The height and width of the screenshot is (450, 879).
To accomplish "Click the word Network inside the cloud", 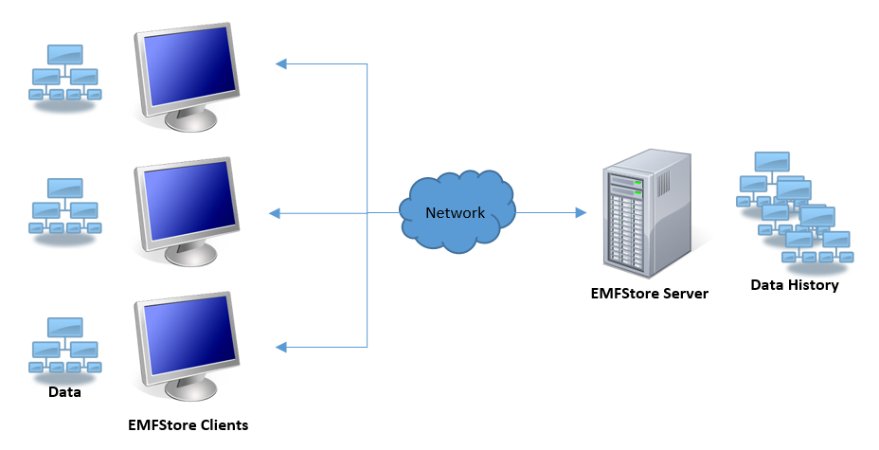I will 455,213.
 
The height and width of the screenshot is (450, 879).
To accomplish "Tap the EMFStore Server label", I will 649,294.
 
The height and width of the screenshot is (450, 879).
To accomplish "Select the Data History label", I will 794,285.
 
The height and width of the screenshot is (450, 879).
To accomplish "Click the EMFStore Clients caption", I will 188,425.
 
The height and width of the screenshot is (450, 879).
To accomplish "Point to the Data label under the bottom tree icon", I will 65,392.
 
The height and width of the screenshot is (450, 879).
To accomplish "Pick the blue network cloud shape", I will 457,211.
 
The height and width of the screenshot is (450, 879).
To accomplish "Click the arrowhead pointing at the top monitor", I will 280,64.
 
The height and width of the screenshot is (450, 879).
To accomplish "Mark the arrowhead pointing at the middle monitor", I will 276,214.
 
